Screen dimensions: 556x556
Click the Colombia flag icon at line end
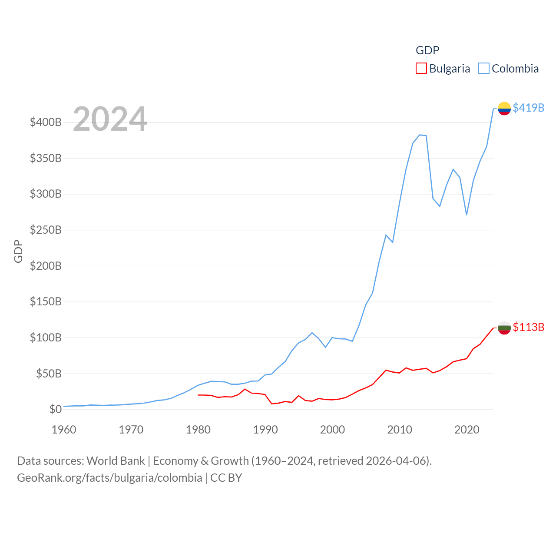coord(504,108)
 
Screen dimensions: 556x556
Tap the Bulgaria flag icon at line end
coord(504,328)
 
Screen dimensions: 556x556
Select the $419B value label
coord(528,108)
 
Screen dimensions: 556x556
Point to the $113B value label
coord(528,327)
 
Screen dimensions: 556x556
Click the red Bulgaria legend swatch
coord(421,69)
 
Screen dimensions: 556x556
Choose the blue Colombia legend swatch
coord(483,69)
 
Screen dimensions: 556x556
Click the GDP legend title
coord(427,50)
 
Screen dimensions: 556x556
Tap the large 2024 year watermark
coord(110,119)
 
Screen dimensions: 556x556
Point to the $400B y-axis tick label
coord(46,122)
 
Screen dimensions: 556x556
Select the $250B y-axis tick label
coord(46,230)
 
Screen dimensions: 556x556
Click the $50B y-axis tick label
coord(49,374)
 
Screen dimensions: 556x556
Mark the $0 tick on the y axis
coord(55,409)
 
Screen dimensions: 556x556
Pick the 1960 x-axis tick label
coord(64,430)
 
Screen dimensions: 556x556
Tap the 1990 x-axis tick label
coord(265,430)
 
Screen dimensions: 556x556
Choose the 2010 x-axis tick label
coord(400,430)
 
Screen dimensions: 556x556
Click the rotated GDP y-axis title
coord(18,251)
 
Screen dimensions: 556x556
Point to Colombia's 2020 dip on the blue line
coord(467,215)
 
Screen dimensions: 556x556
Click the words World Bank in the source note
coord(116,460)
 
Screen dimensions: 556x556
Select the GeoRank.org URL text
coord(109,478)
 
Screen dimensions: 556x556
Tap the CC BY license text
coord(226,478)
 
